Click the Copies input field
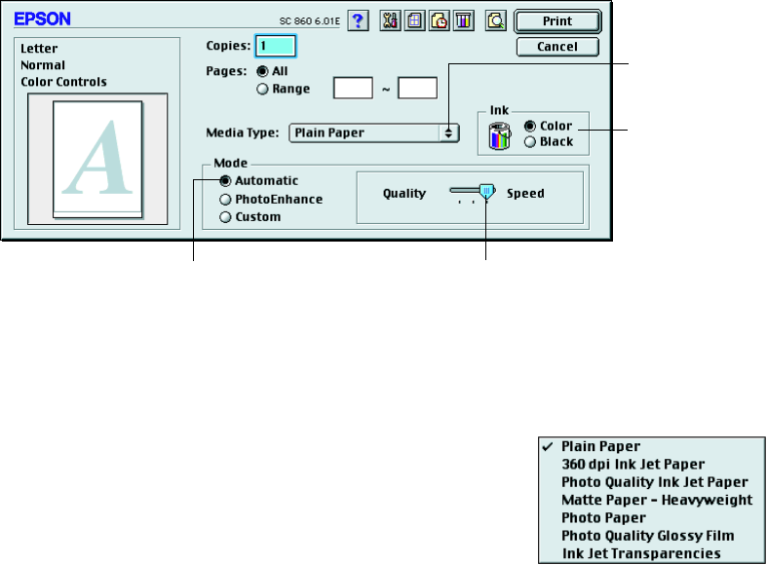point(276,45)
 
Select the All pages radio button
point(261,72)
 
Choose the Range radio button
point(261,90)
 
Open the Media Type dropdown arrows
point(448,132)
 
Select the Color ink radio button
point(530,126)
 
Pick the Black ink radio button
point(530,142)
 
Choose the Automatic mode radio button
point(225,181)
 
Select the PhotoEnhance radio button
point(225,199)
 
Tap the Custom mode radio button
point(225,216)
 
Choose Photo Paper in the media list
point(603,517)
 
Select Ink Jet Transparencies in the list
point(640,553)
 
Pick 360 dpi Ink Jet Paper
point(633,464)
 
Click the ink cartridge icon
point(497,135)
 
